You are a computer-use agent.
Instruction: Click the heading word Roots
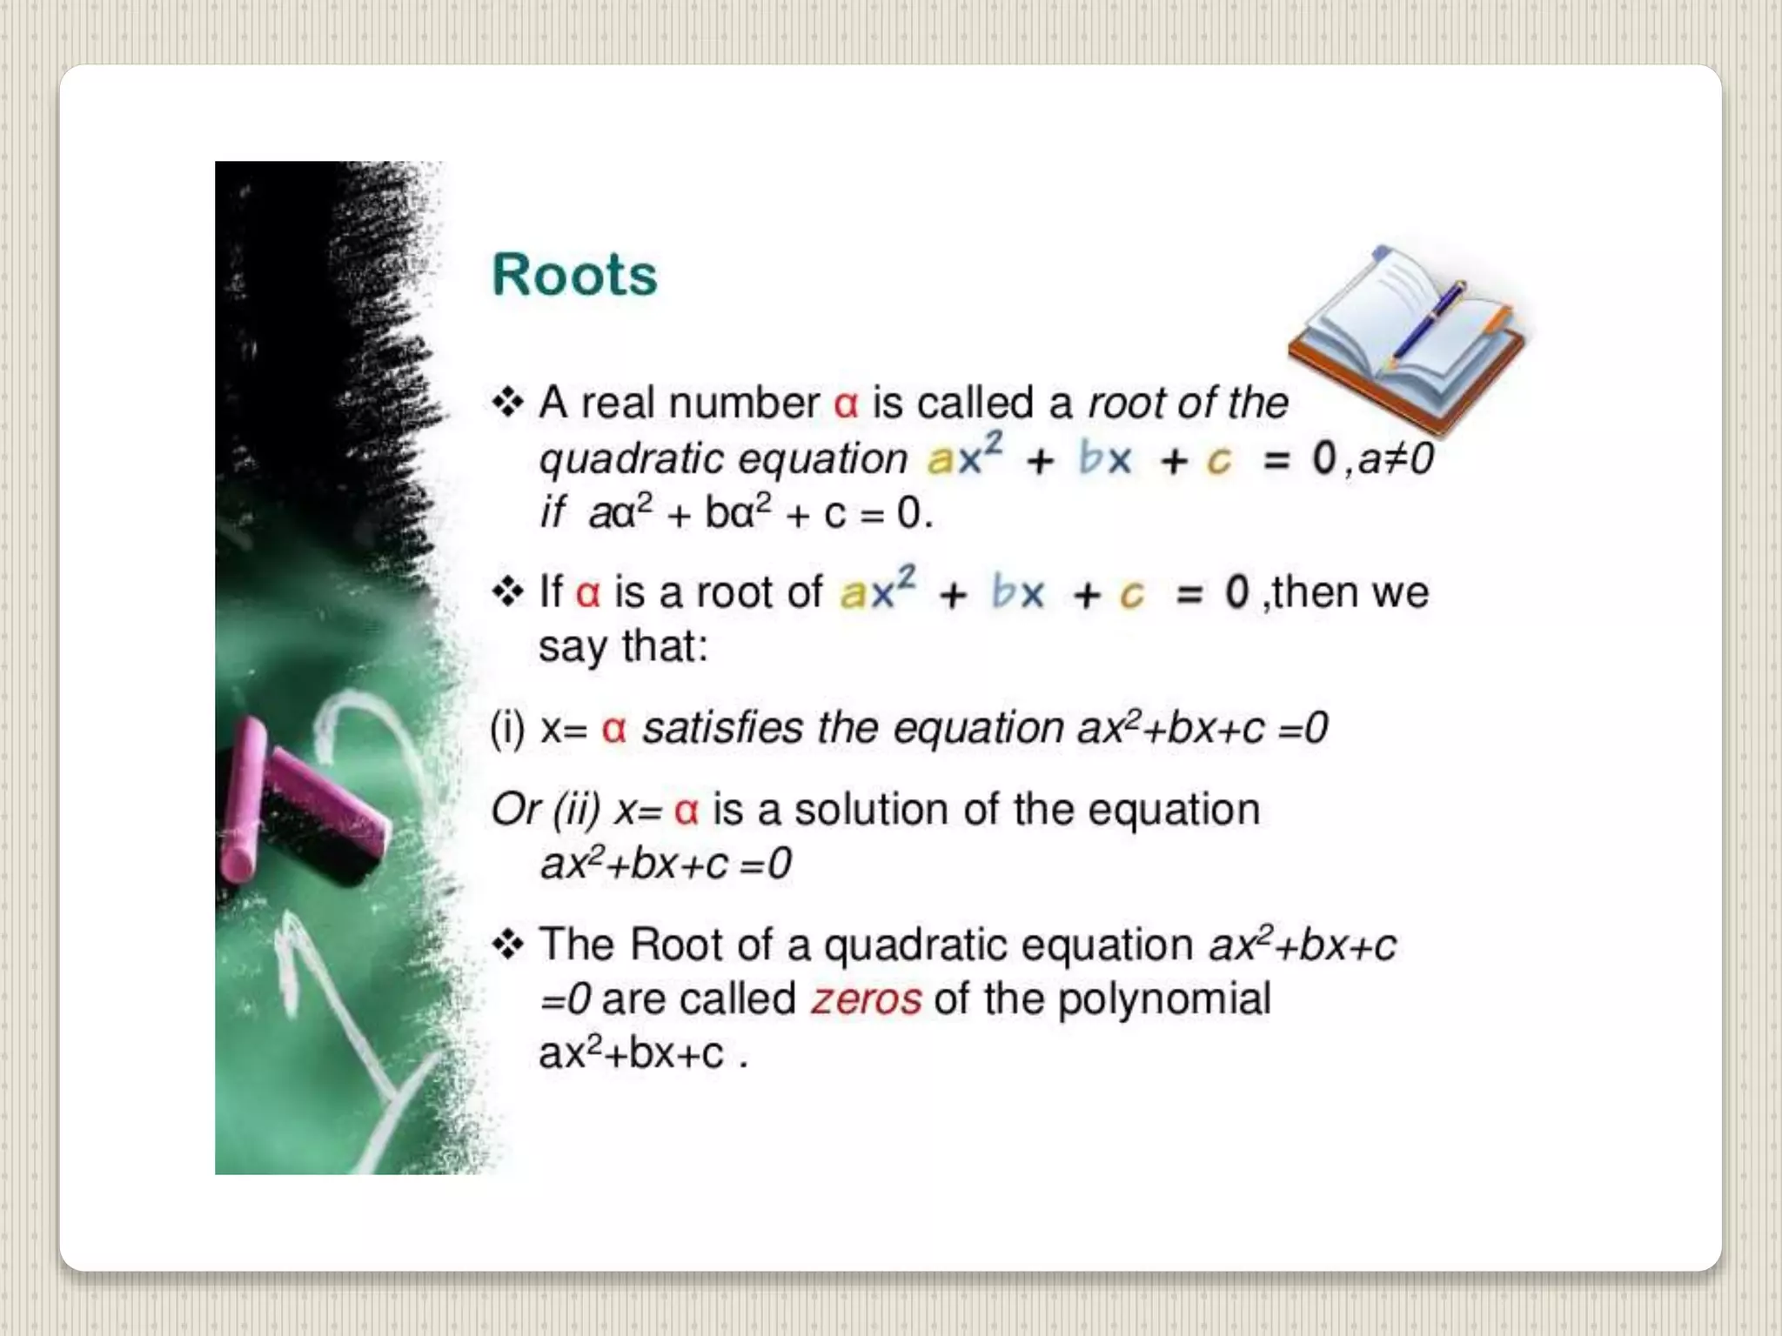[x=574, y=275]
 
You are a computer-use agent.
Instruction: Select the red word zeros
[x=866, y=999]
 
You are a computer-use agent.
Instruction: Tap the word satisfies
[x=722, y=728]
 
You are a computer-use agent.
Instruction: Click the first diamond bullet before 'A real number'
[x=508, y=403]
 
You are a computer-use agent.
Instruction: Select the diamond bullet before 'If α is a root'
[x=508, y=592]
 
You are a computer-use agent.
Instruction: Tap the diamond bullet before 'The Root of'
[x=508, y=944]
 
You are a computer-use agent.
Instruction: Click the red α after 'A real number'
[x=846, y=404]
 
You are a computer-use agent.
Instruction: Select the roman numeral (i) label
[x=507, y=728]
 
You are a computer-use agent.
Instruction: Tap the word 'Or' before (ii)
[x=516, y=809]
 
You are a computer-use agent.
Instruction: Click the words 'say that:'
[x=623, y=646]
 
